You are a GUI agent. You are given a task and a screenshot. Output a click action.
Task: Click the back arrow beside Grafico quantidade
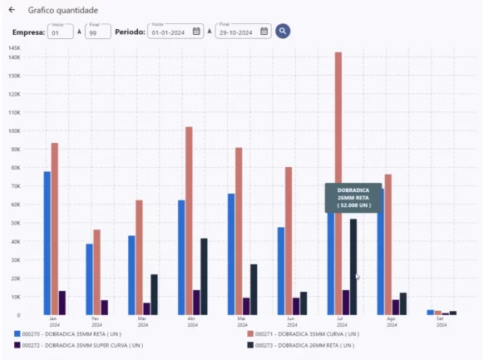coord(12,10)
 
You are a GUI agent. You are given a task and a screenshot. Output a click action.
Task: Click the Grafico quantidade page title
coord(62,10)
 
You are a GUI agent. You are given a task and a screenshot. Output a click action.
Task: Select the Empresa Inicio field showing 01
coord(60,32)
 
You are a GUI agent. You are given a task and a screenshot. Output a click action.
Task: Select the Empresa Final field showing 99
coord(97,32)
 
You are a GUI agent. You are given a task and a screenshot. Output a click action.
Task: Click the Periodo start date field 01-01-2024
coord(170,32)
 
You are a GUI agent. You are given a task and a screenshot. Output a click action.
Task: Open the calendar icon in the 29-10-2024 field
coord(264,32)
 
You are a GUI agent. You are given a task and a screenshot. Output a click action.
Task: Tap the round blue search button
coord(283,32)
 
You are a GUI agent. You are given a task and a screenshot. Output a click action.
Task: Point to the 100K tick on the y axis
coord(14,131)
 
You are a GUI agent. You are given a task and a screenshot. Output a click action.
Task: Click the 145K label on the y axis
coord(14,48)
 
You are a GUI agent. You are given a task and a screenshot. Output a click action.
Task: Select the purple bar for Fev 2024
coord(105,307)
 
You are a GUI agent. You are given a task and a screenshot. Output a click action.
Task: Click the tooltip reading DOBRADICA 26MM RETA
coord(353,197)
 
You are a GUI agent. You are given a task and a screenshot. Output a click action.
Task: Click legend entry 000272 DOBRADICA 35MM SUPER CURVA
coord(79,344)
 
